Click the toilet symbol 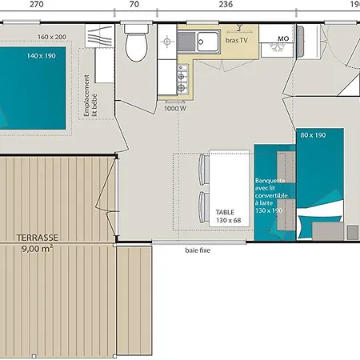pyautogui.click(x=136, y=43)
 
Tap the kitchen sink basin pyautogui.click(x=207, y=42)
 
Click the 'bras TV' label pyautogui.click(x=237, y=40)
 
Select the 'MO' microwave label pyautogui.click(x=283, y=38)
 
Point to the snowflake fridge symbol pyautogui.click(x=278, y=48)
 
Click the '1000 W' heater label pyautogui.click(x=175, y=109)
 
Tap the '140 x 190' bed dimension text pyautogui.click(x=42, y=56)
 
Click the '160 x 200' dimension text pyautogui.click(x=52, y=37)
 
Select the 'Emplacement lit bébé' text pyautogui.click(x=90, y=95)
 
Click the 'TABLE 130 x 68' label pyautogui.click(x=229, y=216)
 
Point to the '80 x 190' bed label pyautogui.click(x=313, y=135)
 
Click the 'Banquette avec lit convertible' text pyautogui.click(x=271, y=188)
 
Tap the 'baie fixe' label pyautogui.click(x=198, y=250)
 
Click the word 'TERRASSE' pyautogui.click(x=38, y=238)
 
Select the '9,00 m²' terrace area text pyautogui.click(x=38, y=249)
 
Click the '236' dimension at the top pyautogui.click(x=226, y=4)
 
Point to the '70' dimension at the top pyautogui.click(x=134, y=4)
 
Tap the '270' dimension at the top pyautogui.click(x=37, y=4)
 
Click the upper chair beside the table pyautogui.click(x=204, y=170)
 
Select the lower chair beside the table pyautogui.click(x=204, y=207)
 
